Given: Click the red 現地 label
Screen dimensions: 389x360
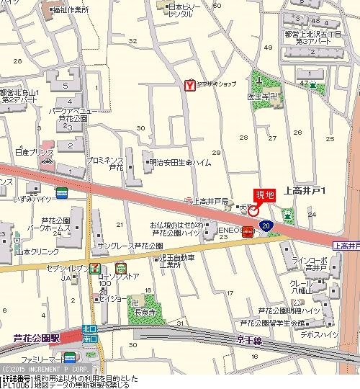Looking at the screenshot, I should [265, 194].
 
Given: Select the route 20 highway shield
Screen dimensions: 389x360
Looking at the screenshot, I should [266, 225].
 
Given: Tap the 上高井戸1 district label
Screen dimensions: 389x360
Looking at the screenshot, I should [305, 191].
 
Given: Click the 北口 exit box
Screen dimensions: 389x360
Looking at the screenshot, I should [90, 328].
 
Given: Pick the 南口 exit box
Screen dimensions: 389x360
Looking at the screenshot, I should [90, 337].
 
